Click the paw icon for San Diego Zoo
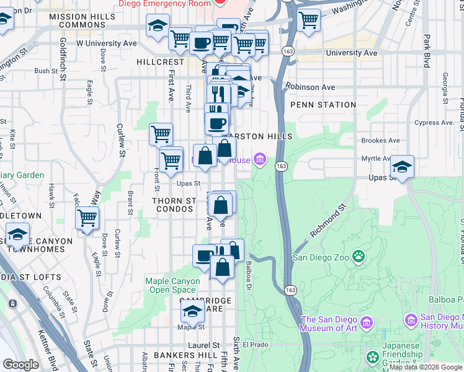pos(359,256)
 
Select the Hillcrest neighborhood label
pos(161,62)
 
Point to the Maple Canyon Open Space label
pos(172,285)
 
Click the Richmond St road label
pos(327,223)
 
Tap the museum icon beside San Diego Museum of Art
pos(366,323)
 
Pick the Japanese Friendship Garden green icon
pos(372,356)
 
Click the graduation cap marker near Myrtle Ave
pos(402,167)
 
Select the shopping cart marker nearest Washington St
pos(308,20)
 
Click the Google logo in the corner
pos(20,365)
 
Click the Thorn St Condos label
pos(175,205)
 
